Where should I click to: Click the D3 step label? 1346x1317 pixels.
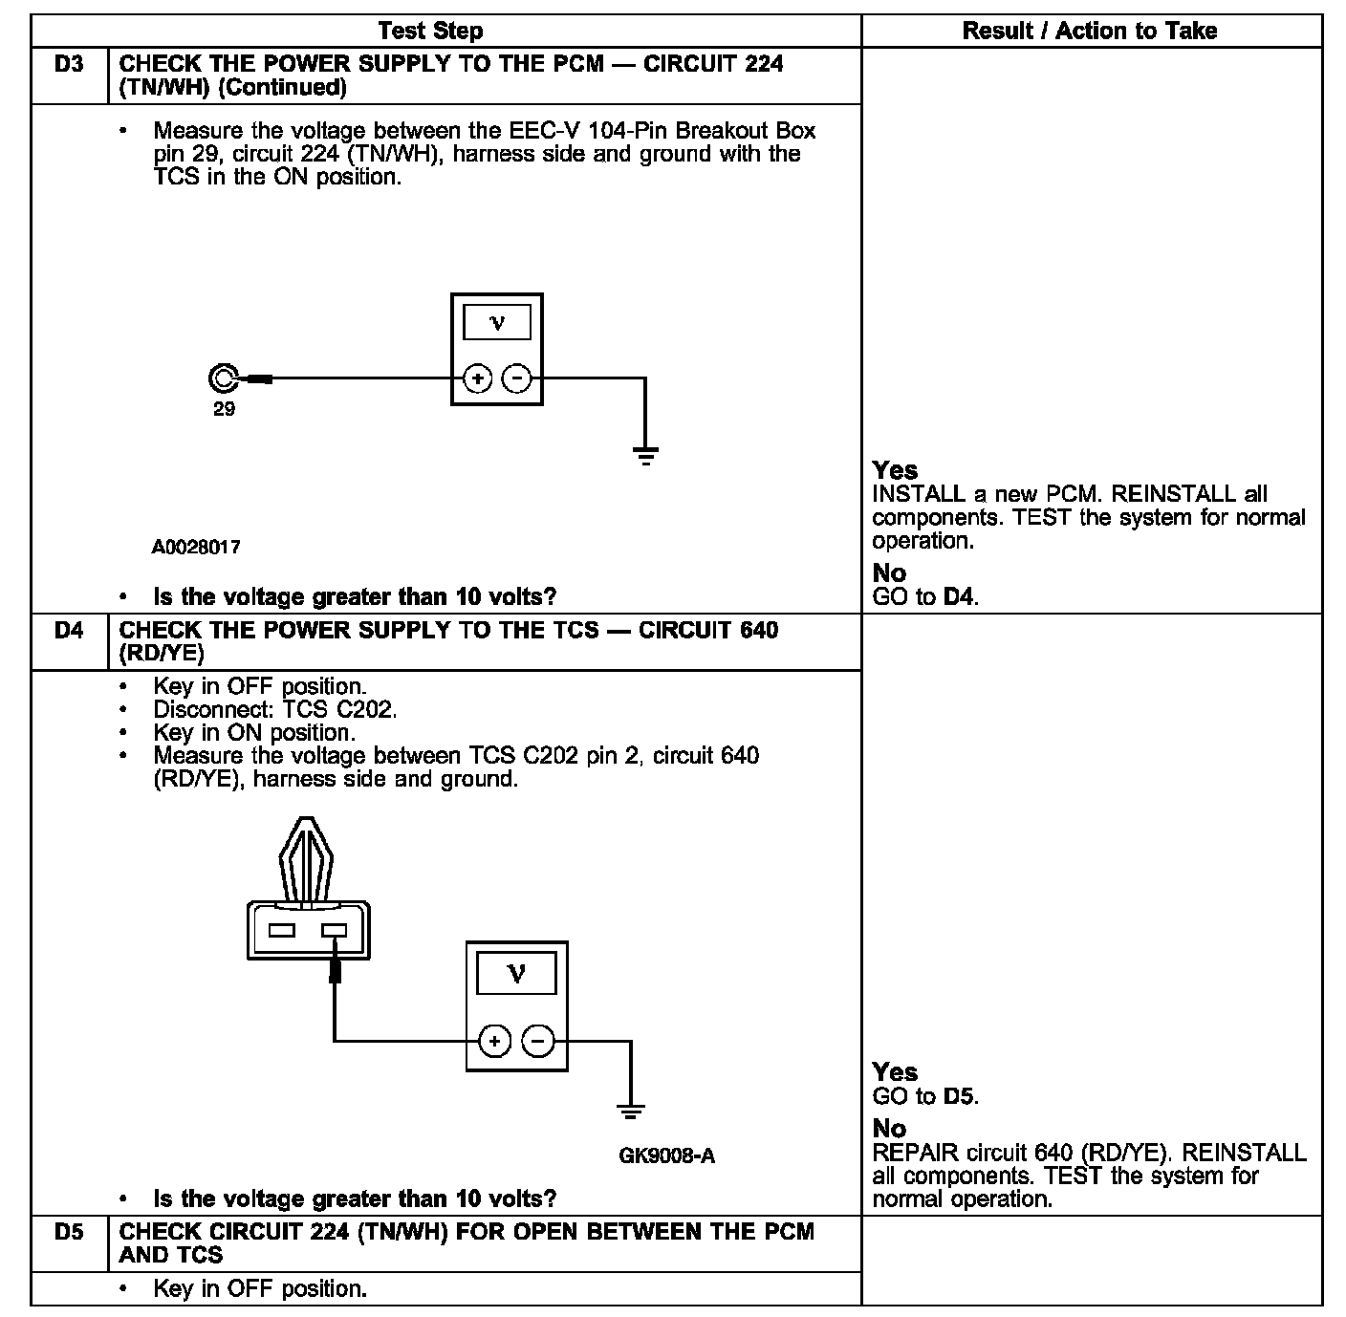tap(69, 64)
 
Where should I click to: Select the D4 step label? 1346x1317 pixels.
tap(69, 631)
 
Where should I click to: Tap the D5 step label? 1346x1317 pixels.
tap(69, 1232)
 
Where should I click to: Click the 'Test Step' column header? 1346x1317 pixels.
tap(430, 31)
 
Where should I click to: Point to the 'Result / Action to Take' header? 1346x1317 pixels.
tap(1090, 31)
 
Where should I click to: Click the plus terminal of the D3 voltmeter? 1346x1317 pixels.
tap(478, 378)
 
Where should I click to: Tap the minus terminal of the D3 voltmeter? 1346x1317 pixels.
tap(516, 378)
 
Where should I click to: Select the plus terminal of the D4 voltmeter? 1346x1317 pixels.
tap(494, 1041)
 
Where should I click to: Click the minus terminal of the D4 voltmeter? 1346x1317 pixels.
tap(539, 1041)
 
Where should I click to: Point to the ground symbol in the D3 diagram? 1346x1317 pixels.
tap(646, 454)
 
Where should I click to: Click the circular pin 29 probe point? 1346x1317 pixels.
tap(223, 378)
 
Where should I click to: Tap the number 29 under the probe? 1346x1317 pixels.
tap(224, 409)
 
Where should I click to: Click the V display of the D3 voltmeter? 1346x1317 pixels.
tap(497, 322)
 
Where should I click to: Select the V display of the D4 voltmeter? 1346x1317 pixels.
tap(516, 974)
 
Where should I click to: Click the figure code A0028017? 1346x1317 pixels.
tap(196, 548)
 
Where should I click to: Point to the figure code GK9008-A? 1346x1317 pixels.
tap(666, 1155)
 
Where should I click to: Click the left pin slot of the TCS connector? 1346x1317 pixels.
tap(281, 930)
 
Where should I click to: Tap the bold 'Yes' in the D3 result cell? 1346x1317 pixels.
tap(895, 470)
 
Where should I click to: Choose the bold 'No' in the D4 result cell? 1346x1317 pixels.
tap(889, 1129)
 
